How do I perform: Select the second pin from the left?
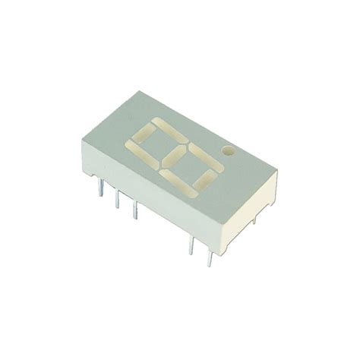[x=116, y=201]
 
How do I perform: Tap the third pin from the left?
[x=135, y=210]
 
